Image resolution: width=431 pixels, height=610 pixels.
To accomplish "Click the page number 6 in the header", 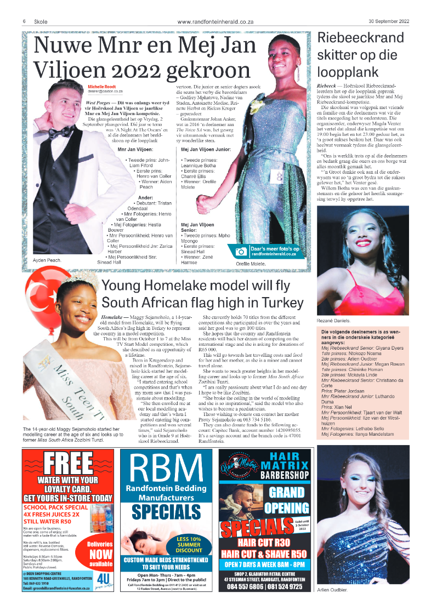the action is coord(25,22).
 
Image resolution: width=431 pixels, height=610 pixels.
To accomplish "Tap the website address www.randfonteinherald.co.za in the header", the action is coord(216,22).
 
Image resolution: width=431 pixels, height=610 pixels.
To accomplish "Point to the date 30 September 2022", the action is coord(389,22).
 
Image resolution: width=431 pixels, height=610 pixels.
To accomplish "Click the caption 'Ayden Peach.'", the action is coord(47,260).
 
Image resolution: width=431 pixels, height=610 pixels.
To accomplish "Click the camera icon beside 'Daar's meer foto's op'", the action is coord(241,252).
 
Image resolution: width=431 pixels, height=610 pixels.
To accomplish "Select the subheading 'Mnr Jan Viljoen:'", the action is coord(135,149).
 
